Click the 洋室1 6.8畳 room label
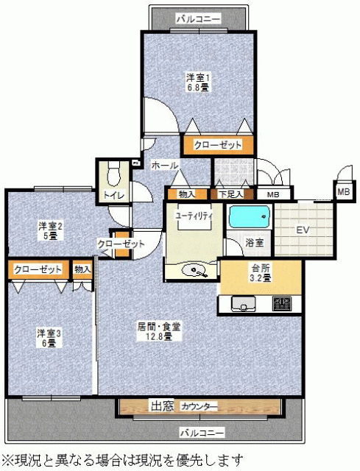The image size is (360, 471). pyautogui.click(x=197, y=82)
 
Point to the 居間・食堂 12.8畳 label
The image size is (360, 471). pyautogui.click(x=159, y=332)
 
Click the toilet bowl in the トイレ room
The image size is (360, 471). pyautogui.click(x=113, y=174)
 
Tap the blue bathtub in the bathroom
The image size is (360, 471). pyautogui.click(x=249, y=216)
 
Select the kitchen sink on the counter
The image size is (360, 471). pyautogui.click(x=243, y=304)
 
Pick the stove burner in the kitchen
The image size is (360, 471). pyautogui.click(x=281, y=304)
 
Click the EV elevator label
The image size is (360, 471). pyautogui.click(x=303, y=230)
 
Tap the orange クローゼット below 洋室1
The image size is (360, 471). pyautogui.click(x=218, y=145)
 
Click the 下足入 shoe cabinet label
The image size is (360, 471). pyautogui.click(x=230, y=194)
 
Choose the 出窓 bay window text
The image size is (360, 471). pyautogui.click(x=162, y=406)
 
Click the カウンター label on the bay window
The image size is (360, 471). pyautogui.click(x=199, y=407)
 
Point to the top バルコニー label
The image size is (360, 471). pyautogui.click(x=198, y=19)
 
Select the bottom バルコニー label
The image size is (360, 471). pyautogui.click(x=202, y=433)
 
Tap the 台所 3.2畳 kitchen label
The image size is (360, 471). pyautogui.click(x=261, y=273)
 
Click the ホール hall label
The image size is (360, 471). pyautogui.click(x=165, y=165)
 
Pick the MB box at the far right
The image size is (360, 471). pyautogui.click(x=344, y=191)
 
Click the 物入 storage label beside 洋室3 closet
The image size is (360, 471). pyautogui.click(x=82, y=269)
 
